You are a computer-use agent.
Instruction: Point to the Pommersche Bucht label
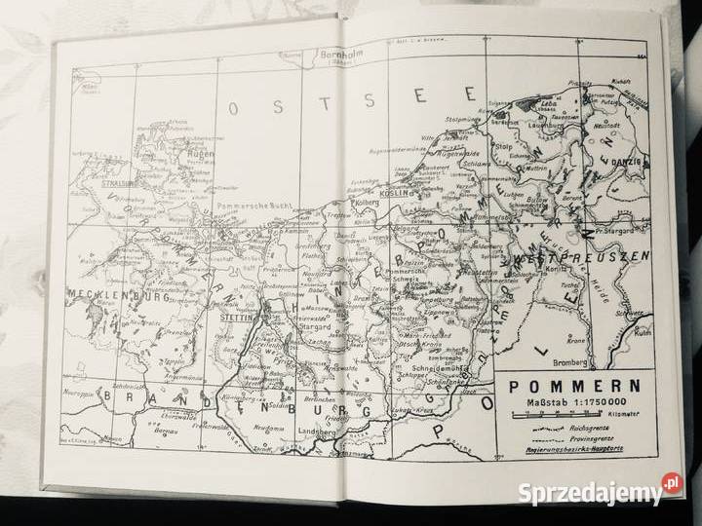tap(253, 208)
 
